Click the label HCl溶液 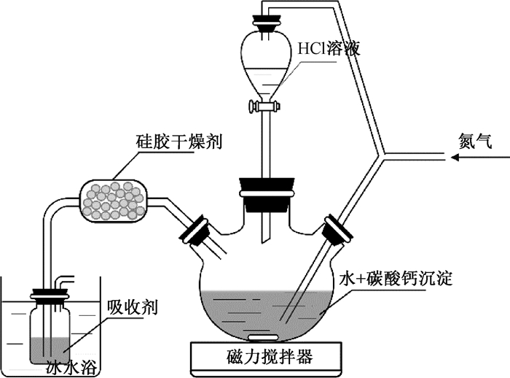(329, 49)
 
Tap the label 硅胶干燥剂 (179, 142)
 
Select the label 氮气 (475, 142)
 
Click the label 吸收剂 (133, 307)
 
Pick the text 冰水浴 (72, 367)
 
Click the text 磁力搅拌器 (270, 357)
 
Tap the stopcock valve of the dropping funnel (264, 107)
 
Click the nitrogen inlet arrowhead (455, 158)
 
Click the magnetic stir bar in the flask (264, 337)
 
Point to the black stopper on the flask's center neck (267, 193)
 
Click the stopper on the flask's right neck (337, 230)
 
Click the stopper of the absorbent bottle (50, 294)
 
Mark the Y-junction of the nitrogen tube (383, 155)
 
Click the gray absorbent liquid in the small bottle (50, 350)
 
